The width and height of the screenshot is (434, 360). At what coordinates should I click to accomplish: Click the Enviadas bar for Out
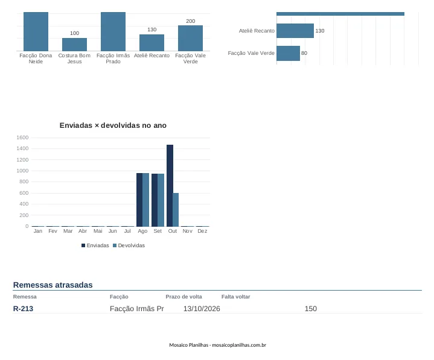coord(170,186)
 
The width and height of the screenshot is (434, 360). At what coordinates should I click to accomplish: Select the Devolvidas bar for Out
coord(176,210)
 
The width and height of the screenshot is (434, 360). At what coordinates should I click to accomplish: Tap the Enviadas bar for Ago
coord(139,200)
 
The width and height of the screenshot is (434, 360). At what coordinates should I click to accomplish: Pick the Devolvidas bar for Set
coord(161,200)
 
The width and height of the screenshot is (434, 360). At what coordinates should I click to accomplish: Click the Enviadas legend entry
coord(95,245)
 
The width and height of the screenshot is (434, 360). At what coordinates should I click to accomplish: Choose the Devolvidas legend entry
coord(129,245)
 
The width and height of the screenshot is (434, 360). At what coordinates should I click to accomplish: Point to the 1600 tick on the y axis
coord(22,137)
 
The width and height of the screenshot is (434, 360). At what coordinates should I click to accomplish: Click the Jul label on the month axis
coord(127,231)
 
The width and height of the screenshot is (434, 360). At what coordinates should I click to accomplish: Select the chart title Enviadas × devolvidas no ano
coord(113,125)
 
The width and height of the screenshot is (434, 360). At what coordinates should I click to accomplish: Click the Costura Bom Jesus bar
coord(74,45)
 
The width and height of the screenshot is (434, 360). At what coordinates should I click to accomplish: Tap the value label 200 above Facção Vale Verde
coord(190,21)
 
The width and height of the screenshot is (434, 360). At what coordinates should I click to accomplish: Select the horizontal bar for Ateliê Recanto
coord(295,31)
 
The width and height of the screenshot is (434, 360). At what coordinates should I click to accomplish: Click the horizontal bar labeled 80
coord(288,53)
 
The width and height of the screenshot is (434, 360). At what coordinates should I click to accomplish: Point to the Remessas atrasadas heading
coord(53,285)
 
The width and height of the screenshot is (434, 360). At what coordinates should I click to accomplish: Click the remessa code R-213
coord(23,309)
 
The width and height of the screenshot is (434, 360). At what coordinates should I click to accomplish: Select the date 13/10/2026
coord(202,309)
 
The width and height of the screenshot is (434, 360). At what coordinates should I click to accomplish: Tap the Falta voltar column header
coord(235,297)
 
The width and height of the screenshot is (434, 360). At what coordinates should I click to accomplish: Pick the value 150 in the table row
coord(310,309)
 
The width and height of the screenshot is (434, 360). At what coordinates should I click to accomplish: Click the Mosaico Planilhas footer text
coord(217,345)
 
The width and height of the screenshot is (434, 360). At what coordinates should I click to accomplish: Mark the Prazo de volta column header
coord(183,297)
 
